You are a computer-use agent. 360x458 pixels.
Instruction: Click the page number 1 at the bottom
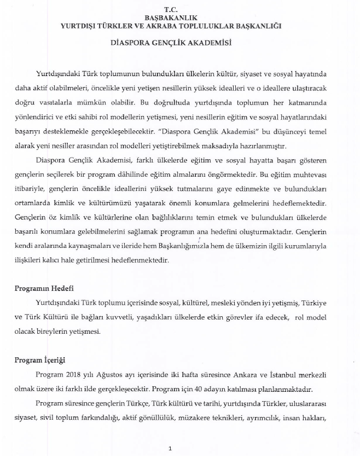(x=171, y=448)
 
